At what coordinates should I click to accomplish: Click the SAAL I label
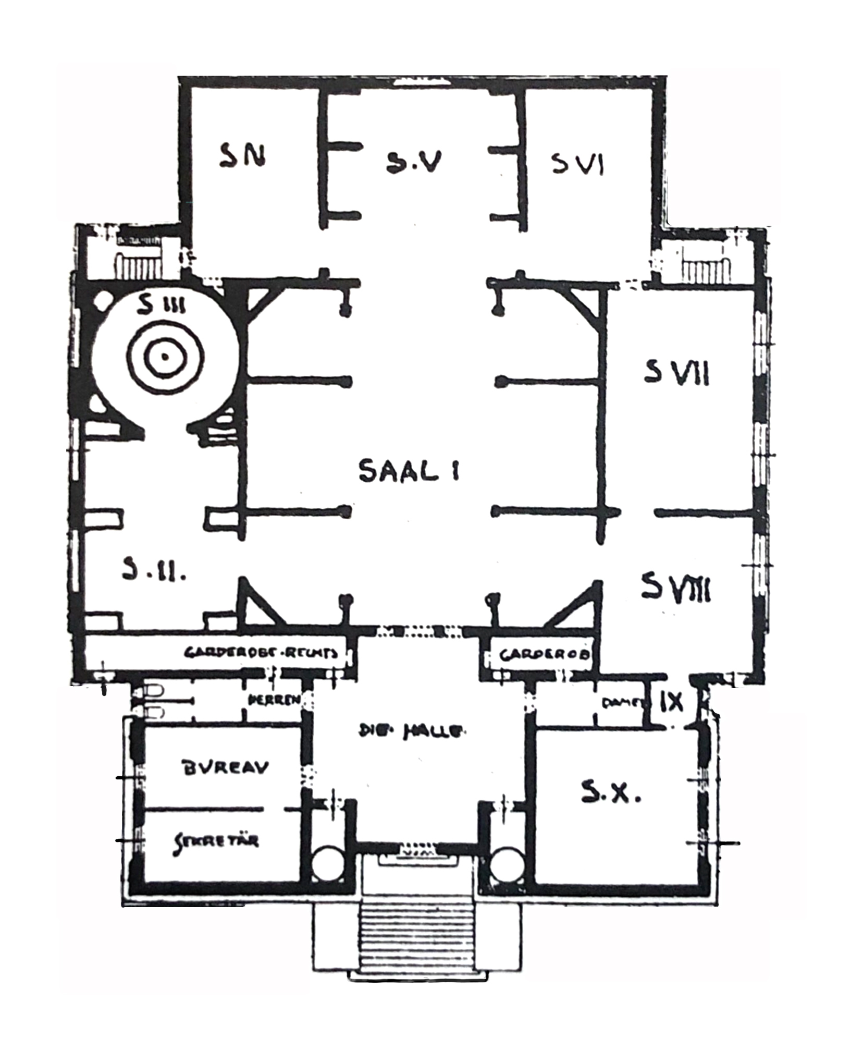(408, 471)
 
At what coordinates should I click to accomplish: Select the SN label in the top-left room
(241, 155)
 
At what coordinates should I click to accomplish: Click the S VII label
(676, 372)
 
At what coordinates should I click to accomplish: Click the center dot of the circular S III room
(165, 357)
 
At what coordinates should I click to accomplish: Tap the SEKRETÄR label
(216, 841)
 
